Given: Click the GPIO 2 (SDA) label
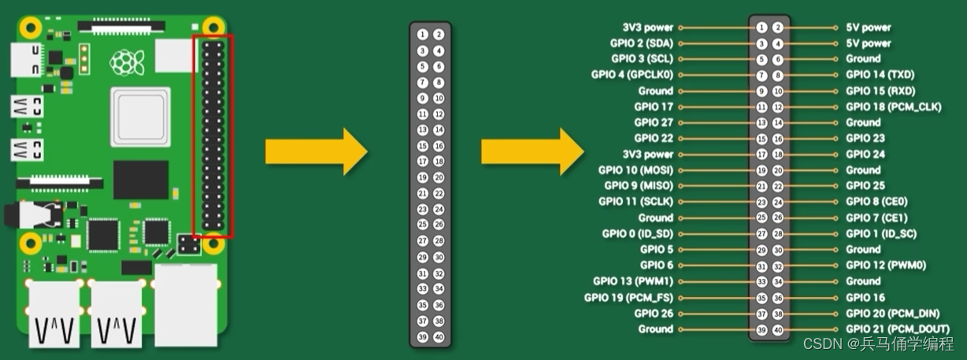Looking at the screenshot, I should click(x=641, y=43).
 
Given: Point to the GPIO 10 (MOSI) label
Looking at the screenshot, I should click(x=635, y=170).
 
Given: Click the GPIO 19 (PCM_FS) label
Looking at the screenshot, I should click(x=628, y=297).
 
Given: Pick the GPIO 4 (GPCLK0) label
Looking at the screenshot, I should click(x=632, y=75).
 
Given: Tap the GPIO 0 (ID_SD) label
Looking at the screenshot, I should click(x=638, y=233).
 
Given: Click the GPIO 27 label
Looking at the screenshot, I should click(x=654, y=122).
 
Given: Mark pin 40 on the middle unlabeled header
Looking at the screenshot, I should click(x=439, y=336).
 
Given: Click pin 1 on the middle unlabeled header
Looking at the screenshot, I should click(x=423, y=35).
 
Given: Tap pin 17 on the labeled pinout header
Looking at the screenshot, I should click(x=761, y=154).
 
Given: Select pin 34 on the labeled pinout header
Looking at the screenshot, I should click(x=778, y=281).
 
